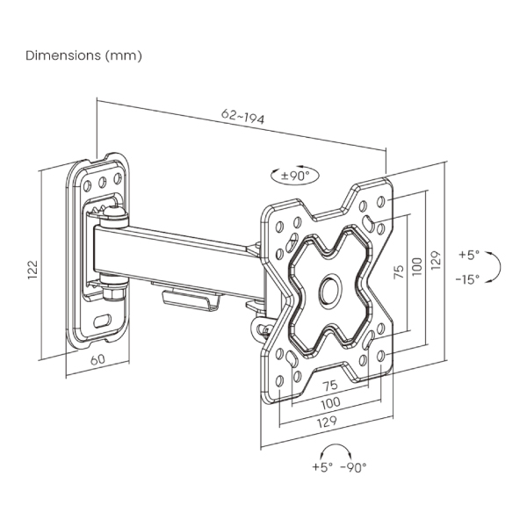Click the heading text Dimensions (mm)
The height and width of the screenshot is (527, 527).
pos(83,55)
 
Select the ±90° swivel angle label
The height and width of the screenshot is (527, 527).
pos(295,175)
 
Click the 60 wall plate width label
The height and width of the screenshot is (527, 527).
pos(97,358)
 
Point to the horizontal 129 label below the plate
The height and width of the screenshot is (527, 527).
pos(328,421)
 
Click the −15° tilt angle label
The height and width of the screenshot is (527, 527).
pos(467,279)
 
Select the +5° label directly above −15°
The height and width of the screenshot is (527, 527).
pos(469,255)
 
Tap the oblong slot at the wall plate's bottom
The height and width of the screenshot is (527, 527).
pos(103,320)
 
